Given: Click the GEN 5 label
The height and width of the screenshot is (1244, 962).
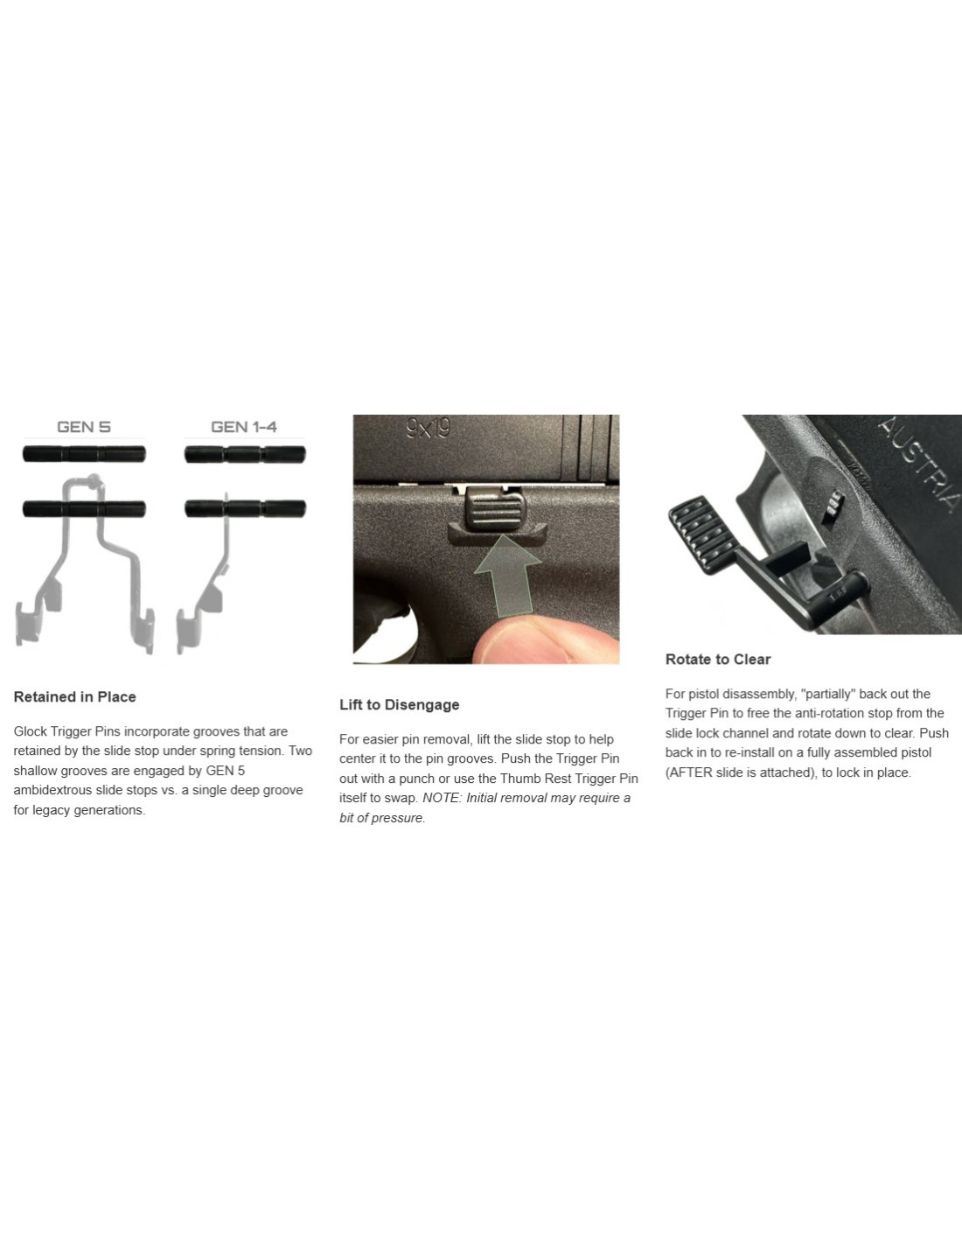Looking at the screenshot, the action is [x=84, y=427].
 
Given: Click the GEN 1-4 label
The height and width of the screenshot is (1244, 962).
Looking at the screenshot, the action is [x=244, y=427].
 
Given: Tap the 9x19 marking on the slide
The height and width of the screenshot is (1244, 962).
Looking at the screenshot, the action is [x=429, y=428].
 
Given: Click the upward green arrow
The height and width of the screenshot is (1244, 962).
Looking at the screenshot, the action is [x=507, y=576].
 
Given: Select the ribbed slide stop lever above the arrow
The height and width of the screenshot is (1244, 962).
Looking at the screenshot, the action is [x=496, y=507].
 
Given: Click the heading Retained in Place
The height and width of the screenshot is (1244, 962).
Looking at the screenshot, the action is [x=75, y=696].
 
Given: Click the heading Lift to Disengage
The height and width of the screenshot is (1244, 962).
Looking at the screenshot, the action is [x=399, y=705].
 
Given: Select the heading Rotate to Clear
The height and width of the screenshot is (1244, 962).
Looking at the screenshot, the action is [x=718, y=660].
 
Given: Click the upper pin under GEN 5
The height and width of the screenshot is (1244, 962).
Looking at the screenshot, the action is [x=84, y=454].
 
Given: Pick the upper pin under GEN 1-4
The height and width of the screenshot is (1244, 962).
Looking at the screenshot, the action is [x=245, y=455].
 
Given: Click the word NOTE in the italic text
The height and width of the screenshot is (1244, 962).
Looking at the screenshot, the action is [x=441, y=798].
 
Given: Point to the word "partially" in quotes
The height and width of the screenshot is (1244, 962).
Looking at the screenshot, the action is [x=828, y=694].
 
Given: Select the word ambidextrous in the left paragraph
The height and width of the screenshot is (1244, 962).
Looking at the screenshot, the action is [x=52, y=790].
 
